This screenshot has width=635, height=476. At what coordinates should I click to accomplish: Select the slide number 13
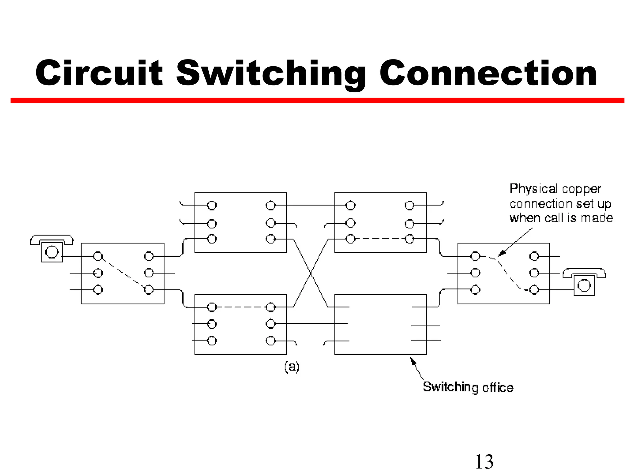tap(484, 461)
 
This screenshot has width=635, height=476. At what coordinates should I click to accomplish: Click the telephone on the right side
tap(584, 282)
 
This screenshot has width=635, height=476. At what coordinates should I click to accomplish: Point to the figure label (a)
tap(292, 367)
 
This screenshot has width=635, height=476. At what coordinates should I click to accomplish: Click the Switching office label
tap(468, 387)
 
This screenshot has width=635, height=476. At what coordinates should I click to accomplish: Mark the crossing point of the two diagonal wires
tap(311, 273)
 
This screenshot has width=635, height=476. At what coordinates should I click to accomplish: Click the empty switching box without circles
tap(380, 324)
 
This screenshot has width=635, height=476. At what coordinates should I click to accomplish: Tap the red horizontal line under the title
tap(317, 100)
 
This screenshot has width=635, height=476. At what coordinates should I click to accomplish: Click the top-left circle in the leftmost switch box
tap(98, 256)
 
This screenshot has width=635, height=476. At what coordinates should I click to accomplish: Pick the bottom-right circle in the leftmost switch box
tap(149, 290)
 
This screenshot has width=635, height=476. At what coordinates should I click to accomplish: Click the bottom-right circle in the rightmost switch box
tap(534, 290)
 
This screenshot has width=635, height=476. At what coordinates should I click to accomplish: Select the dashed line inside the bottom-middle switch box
tap(241, 307)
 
